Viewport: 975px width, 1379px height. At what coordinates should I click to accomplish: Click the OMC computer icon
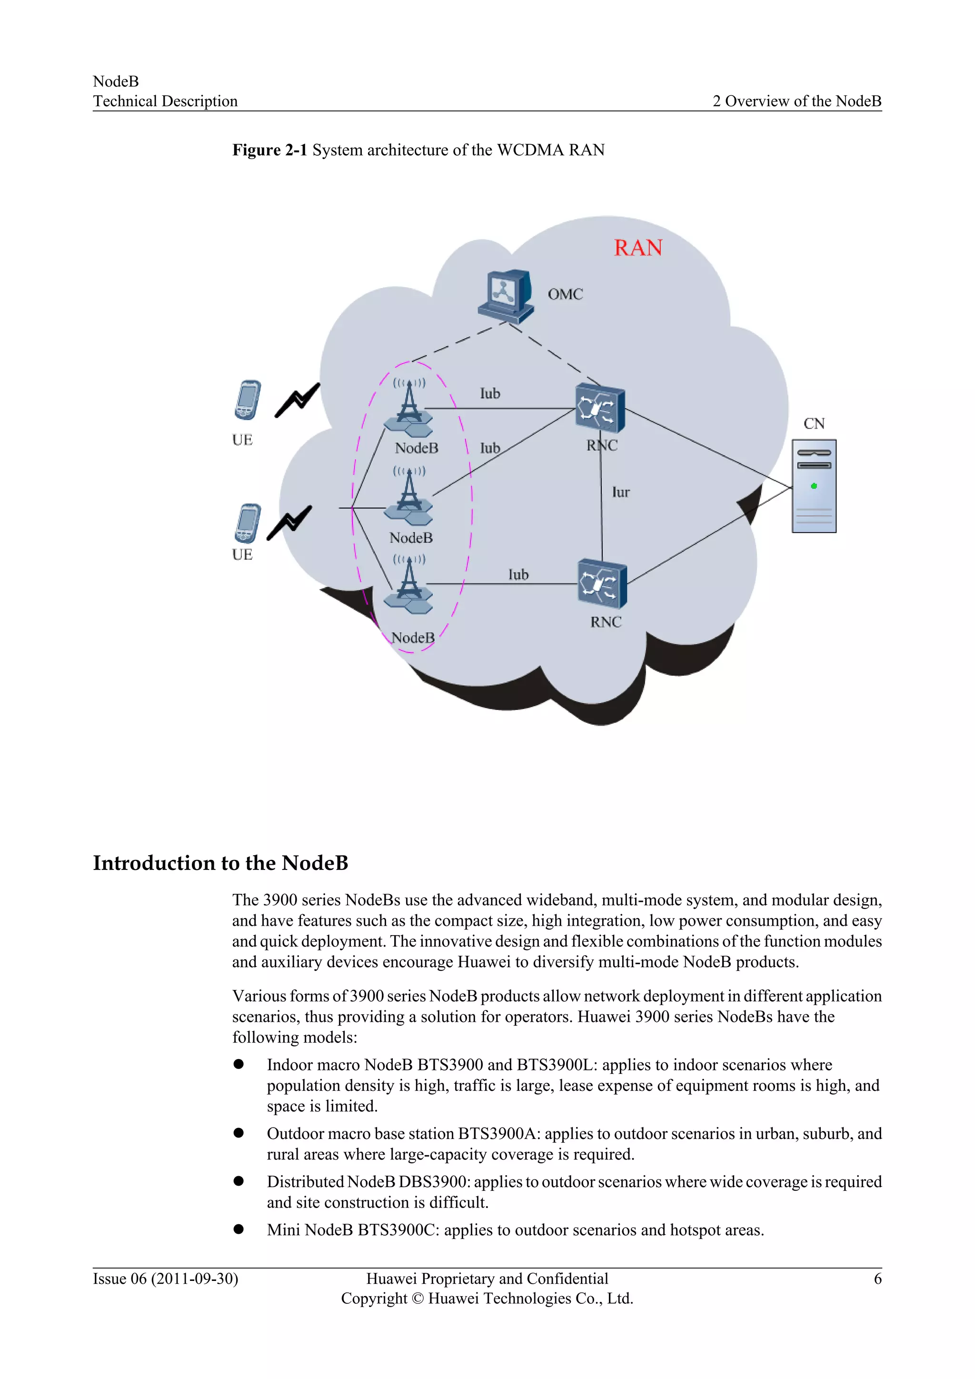tap(506, 296)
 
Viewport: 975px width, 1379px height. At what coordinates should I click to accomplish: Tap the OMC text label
tap(565, 294)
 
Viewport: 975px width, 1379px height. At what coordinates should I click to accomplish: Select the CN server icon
tap(814, 486)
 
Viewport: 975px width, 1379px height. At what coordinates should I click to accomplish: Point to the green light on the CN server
tap(814, 486)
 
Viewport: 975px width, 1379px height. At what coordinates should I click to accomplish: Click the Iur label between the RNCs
tap(621, 492)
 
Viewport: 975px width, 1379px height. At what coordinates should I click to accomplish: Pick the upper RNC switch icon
tap(600, 408)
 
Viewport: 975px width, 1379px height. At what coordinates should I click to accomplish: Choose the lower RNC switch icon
tap(602, 584)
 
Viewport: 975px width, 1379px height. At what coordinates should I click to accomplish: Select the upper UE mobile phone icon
tap(248, 400)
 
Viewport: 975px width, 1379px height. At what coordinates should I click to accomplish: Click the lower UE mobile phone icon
tap(248, 523)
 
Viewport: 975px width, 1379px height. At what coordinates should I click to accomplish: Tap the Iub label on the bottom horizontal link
tap(518, 575)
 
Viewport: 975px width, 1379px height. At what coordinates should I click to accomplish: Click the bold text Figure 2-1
tap(269, 150)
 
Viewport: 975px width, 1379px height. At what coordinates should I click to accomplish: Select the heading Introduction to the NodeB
tap(220, 863)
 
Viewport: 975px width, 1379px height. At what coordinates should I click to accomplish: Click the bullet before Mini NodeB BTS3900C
tap(239, 1229)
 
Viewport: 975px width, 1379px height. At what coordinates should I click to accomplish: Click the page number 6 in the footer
tap(877, 1279)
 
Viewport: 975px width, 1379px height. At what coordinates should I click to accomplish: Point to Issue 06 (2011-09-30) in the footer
tap(165, 1279)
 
